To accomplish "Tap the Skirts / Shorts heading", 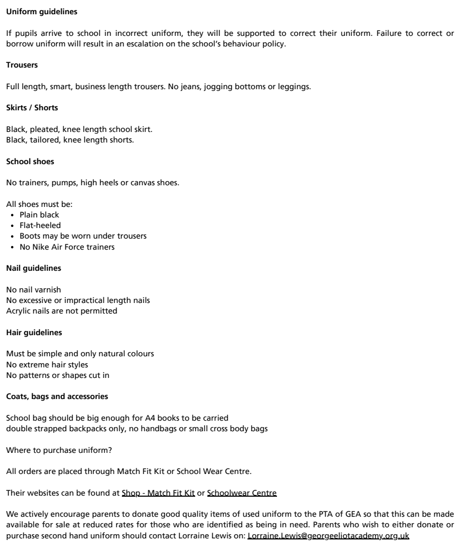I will click(x=32, y=107).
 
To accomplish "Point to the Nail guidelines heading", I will click(x=33, y=268).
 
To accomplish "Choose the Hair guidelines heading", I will click(x=33, y=333).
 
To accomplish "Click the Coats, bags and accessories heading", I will click(x=57, y=397).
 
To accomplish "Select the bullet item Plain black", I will click(x=39, y=215).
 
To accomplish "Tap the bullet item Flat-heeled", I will click(x=40, y=225).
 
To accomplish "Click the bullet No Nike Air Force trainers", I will click(x=66, y=246).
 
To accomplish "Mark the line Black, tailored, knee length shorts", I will click(x=70, y=139).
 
